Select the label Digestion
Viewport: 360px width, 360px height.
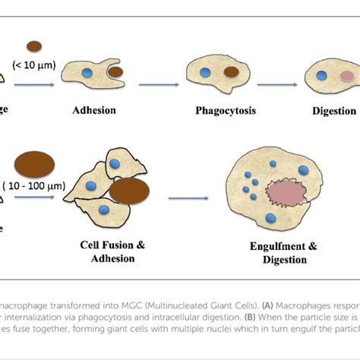[333, 111]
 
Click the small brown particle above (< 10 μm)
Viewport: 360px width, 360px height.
[34, 46]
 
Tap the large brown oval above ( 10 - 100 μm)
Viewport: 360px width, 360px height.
[33, 164]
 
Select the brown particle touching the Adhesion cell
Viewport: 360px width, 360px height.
[114, 74]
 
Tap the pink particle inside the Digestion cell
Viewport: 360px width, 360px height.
[347, 77]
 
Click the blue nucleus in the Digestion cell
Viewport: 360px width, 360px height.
[321, 76]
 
